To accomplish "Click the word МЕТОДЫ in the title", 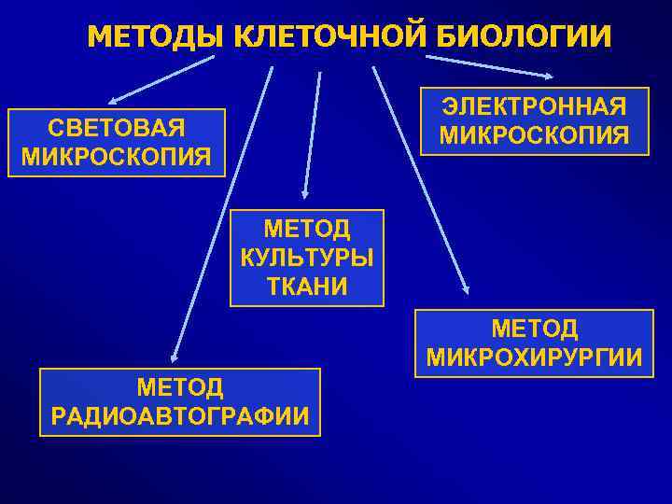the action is pyautogui.click(x=155, y=36).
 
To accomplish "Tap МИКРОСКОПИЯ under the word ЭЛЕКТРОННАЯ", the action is pyautogui.click(x=534, y=134).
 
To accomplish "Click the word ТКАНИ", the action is pyautogui.click(x=307, y=285).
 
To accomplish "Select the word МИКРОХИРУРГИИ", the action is pyautogui.click(x=534, y=357).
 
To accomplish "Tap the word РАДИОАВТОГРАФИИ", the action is pyautogui.click(x=179, y=414).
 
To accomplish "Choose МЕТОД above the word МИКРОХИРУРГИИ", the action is pyautogui.click(x=534, y=329).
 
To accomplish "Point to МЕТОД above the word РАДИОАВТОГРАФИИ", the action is pyautogui.click(x=179, y=385).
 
